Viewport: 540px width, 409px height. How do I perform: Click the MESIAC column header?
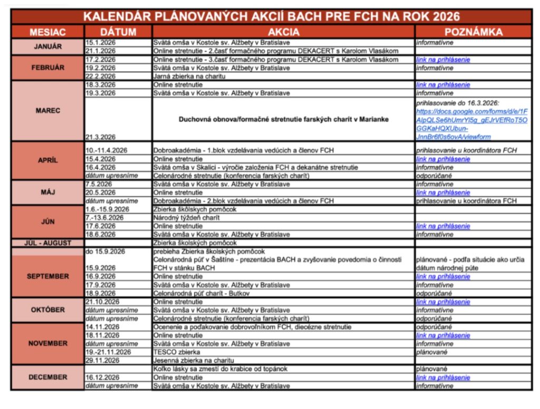[x=47, y=32]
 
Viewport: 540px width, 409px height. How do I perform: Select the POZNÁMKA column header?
[x=473, y=32]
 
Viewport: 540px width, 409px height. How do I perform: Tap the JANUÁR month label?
[x=47, y=46]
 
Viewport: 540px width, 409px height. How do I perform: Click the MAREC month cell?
[x=47, y=111]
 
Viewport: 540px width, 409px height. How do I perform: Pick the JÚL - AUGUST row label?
[x=47, y=243]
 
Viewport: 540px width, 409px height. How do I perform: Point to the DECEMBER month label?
[x=47, y=377]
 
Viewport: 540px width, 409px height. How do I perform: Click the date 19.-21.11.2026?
[x=108, y=352]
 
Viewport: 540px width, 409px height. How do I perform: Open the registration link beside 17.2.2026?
[x=442, y=60]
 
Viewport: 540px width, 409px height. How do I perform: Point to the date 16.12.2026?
[x=102, y=377]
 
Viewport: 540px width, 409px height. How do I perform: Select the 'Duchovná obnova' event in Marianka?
[x=284, y=119]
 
